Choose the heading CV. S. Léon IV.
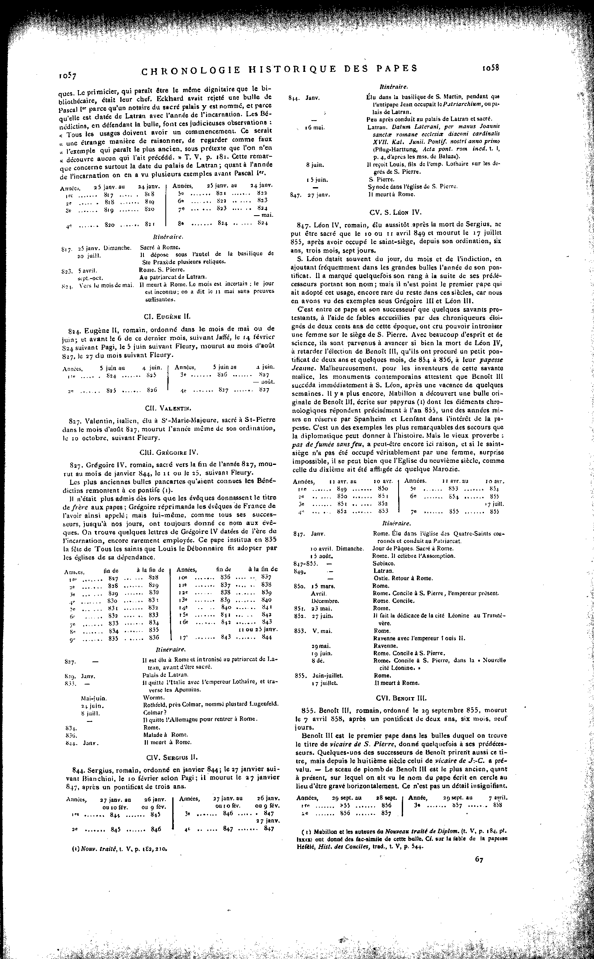point(396,212)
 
